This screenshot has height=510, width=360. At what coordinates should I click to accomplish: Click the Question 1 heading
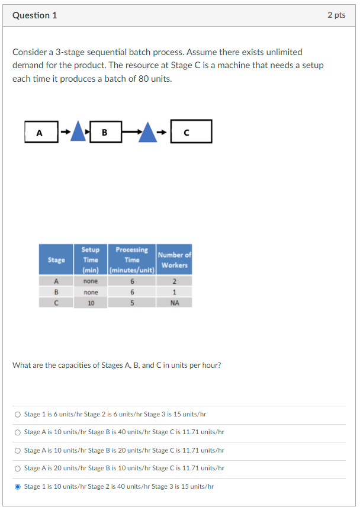click(x=35, y=15)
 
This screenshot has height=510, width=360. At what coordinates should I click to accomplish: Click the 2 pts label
click(x=336, y=15)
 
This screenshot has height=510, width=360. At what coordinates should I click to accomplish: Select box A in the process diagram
click(x=41, y=131)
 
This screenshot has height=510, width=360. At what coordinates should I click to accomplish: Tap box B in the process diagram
click(x=105, y=131)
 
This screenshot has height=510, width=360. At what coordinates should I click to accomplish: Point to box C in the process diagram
click(x=191, y=131)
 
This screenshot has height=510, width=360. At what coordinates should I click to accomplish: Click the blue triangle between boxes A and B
click(x=78, y=132)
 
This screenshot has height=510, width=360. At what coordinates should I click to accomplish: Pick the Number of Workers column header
click(x=174, y=260)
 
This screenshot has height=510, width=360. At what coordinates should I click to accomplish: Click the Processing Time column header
click(x=132, y=259)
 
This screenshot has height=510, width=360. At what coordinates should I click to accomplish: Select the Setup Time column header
click(x=91, y=259)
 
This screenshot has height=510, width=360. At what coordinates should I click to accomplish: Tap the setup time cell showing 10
click(x=91, y=303)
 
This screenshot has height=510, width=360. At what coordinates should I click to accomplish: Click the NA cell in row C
click(x=174, y=303)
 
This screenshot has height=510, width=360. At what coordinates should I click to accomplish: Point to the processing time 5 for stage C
click(x=132, y=303)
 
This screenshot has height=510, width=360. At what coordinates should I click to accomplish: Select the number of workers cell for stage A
click(x=174, y=281)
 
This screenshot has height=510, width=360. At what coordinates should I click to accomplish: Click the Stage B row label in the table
click(x=56, y=292)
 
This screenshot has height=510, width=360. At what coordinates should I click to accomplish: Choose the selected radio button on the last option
click(x=17, y=487)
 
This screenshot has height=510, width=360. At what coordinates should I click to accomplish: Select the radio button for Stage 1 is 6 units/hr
click(x=17, y=415)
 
